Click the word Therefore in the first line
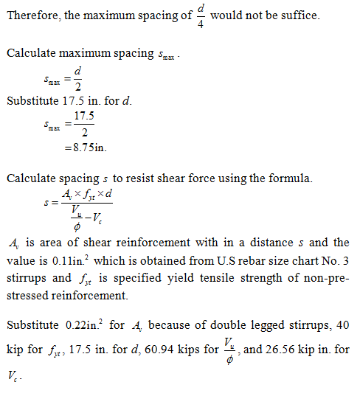[x=30, y=15]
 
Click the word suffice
[x=301, y=15]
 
